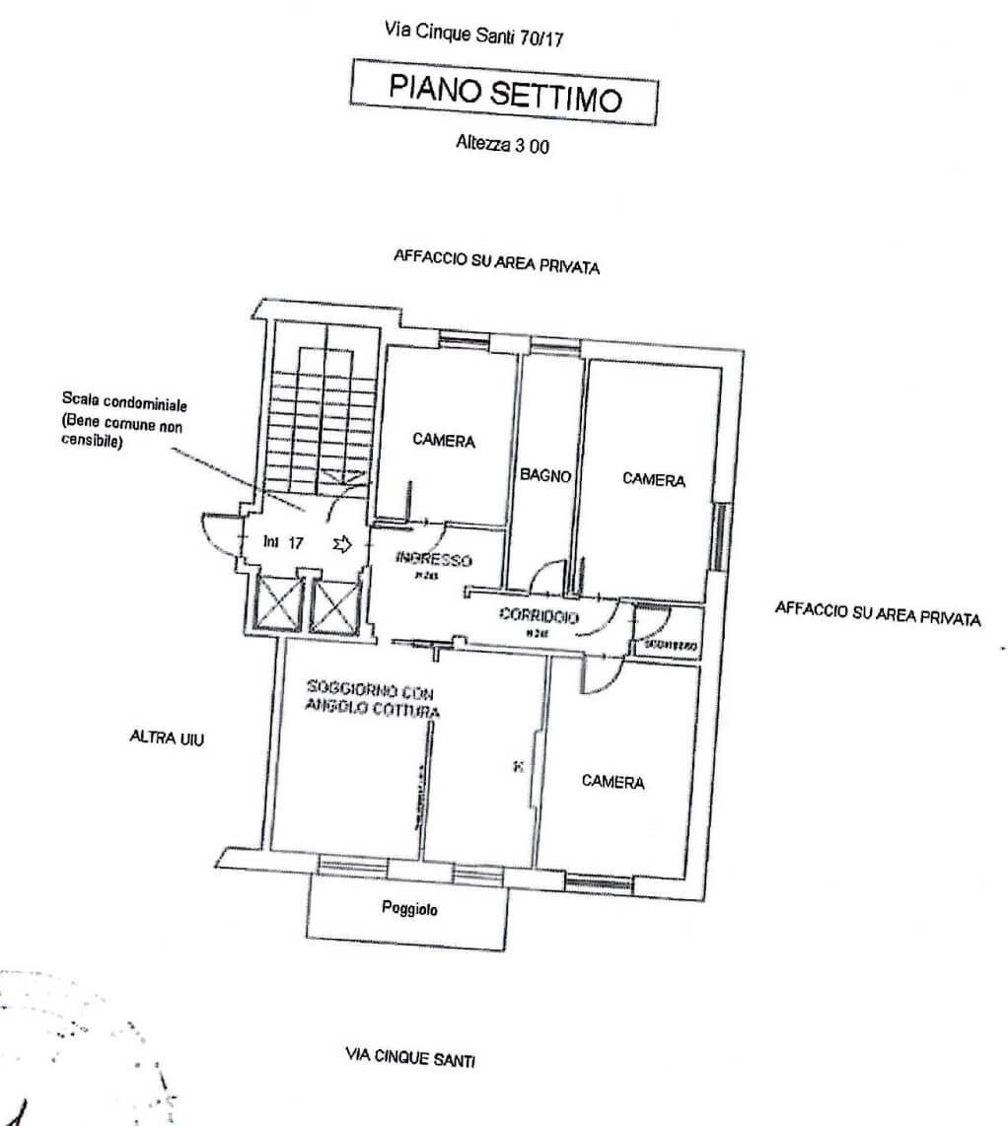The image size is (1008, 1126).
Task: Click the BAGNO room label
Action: pyautogui.click(x=546, y=475)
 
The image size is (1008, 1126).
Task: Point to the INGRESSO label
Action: pyautogui.click(x=434, y=560)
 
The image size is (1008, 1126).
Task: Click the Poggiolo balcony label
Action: pyautogui.click(x=409, y=909)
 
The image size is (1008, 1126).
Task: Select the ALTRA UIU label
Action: pyautogui.click(x=167, y=737)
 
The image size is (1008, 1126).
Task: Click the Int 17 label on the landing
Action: pyautogui.click(x=283, y=541)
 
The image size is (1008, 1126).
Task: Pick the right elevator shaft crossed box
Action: pyautogui.click(x=334, y=603)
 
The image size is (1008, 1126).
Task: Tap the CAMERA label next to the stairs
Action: pyautogui.click(x=444, y=441)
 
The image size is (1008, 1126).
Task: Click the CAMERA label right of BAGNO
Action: pyautogui.click(x=654, y=479)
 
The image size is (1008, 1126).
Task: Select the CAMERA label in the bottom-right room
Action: pyautogui.click(x=612, y=782)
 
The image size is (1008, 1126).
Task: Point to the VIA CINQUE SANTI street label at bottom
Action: pyautogui.click(x=409, y=1059)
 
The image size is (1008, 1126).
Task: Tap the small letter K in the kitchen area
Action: pyautogui.click(x=517, y=765)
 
